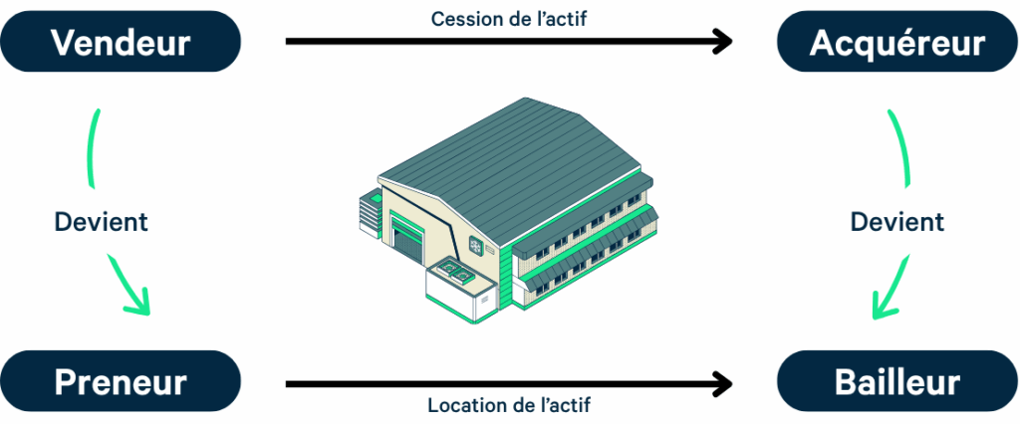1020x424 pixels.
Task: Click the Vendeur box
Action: coord(121,42)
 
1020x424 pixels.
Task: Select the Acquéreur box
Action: coord(896,42)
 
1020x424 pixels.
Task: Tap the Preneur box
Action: coord(121,381)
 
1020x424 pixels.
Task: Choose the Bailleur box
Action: coord(896,381)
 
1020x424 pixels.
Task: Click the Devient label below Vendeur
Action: coord(101,221)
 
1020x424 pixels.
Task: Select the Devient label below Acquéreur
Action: coord(896,221)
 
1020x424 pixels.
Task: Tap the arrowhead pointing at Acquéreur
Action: coord(723,42)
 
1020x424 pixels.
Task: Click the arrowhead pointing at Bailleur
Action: coord(723,382)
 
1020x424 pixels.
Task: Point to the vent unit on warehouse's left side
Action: coord(370,209)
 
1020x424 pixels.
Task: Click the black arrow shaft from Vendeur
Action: coord(498,42)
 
